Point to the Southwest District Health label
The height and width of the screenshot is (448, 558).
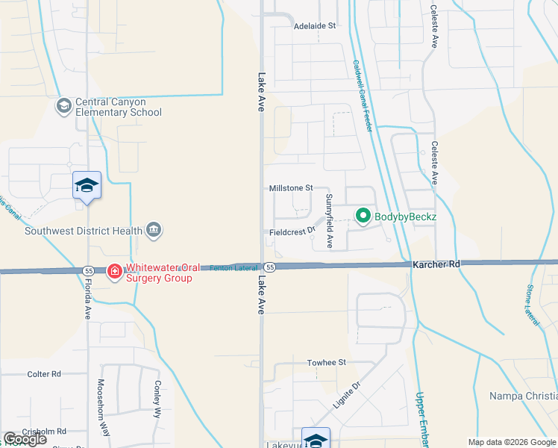(x=83, y=231)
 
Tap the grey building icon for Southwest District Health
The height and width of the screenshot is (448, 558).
(x=154, y=228)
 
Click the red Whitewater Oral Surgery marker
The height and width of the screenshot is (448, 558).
(x=115, y=272)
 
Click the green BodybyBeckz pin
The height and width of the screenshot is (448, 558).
(x=363, y=217)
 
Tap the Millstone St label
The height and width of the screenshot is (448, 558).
(x=290, y=189)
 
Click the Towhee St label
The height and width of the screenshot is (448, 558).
(x=327, y=363)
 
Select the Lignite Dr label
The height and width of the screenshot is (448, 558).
(x=347, y=394)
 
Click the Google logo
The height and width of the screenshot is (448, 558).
(x=25, y=439)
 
